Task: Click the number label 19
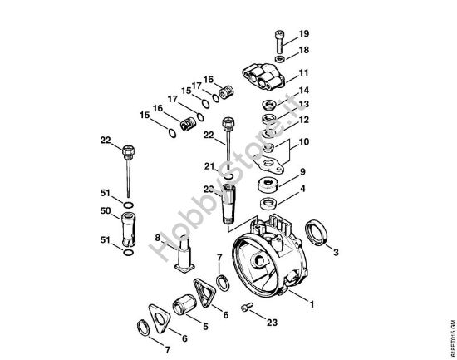304,33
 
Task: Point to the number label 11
304,72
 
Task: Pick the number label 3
335,250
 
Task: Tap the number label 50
106,211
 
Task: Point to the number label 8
156,238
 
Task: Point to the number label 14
304,90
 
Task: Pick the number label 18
304,50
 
